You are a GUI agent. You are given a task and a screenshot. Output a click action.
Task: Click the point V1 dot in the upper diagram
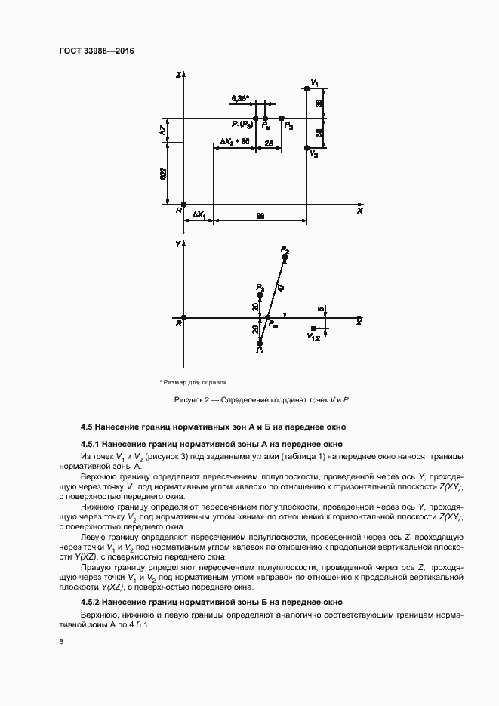(x=307, y=89)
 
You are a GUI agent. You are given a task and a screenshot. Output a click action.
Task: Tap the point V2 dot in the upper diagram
(x=307, y=148)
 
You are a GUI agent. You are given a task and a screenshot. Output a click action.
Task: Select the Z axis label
(x=177, y=75)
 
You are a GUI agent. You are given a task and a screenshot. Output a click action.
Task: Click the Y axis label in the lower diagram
(x=177, y=245)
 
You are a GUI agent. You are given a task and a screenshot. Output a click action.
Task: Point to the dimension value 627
(x=164, y=173)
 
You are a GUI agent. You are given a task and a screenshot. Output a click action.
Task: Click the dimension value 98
(x=260, y=216)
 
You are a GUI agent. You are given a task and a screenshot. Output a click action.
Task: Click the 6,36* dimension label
(x=240, y=99)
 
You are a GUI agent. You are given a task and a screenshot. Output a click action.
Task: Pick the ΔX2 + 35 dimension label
(x=235, y=142)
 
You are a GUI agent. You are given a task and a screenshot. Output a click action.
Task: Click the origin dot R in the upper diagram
(x=184, y=204)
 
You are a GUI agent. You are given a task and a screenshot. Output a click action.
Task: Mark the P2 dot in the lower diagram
(x=285, y=257)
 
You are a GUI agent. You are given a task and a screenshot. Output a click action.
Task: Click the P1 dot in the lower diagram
(x=260, y=344)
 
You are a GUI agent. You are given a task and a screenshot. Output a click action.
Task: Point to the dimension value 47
(x=280, y=287)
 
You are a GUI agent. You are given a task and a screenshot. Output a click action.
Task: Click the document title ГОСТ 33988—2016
(x=91, y=52)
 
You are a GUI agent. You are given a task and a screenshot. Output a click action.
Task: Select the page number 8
(x=60, y=641)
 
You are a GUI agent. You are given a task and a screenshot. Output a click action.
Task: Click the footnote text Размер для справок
(x=194, y=381)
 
